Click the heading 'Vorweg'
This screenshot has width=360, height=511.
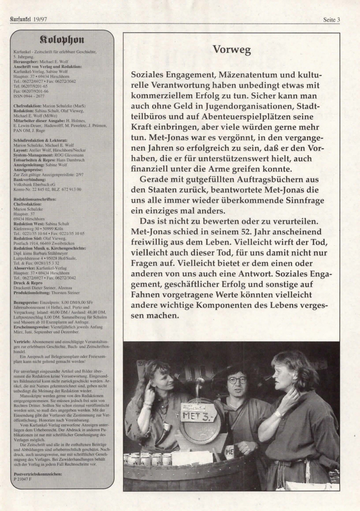(x=231, y=50)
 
